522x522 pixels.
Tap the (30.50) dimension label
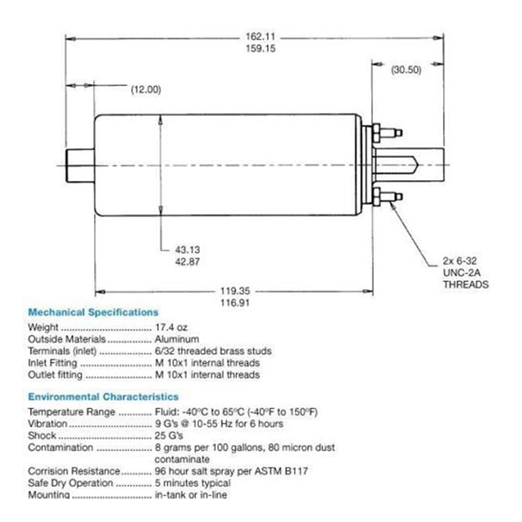tap(406, 70)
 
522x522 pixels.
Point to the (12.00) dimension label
tap(146, 89)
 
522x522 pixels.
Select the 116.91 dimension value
tap(235, 303)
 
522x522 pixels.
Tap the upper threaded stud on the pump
tap(389, 132)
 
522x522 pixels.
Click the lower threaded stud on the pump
tap(389, 196)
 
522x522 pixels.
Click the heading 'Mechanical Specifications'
tap(93, 313)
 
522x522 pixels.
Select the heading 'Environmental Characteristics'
tap(102, 397)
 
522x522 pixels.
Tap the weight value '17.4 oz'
tap(171, 328)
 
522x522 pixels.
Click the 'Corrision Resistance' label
tap(74, 471)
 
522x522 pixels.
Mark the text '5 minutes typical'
tap(192, 483)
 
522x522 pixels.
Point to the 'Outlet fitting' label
tap(55, 375)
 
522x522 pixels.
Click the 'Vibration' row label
tap(48, 423)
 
